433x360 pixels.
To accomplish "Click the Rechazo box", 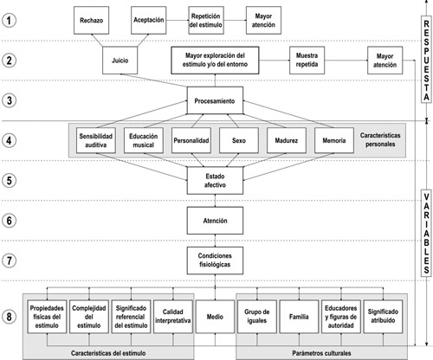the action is pos(91,20).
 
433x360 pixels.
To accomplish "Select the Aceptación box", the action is pos(148,20).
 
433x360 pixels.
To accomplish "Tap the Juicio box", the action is pos(120,61).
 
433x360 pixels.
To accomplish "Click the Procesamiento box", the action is pos(215,100).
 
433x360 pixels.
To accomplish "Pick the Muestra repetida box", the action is pos(307,60).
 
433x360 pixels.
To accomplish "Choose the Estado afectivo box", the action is pos(215,181).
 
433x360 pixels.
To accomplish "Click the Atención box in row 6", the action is pos(215,221).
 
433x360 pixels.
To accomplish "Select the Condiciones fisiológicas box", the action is pos(215,260).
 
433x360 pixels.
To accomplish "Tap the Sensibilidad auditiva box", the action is pos(96,140).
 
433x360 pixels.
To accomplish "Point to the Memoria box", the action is pos(334,140).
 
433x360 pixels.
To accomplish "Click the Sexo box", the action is pos(239,140).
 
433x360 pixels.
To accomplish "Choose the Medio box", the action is pos(215,317).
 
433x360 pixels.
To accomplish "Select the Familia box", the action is pos(299,317).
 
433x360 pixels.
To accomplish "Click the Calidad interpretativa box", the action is pos(173,317).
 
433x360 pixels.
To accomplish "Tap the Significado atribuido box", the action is pos(383,317).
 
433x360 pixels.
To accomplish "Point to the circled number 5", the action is pos(10,181).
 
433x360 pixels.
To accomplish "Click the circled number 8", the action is pos(10,317).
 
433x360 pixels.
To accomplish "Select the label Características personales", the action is pos(380,139).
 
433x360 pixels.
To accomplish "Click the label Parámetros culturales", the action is pos(321,353).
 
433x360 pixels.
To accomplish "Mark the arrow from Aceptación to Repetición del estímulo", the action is pos(178,20).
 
